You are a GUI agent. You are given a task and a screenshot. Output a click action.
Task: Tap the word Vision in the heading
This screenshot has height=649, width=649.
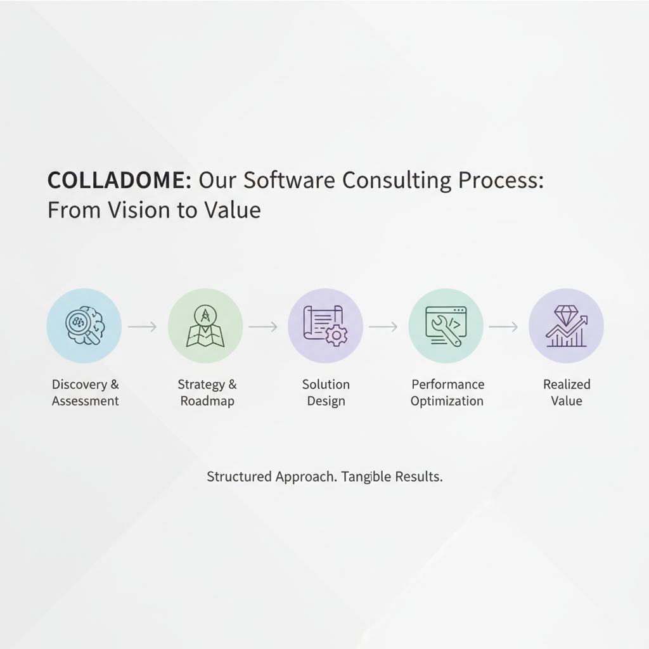[x=139, y=210]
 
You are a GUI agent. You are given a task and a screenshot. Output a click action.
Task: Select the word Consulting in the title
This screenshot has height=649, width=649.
[x=397, y=181]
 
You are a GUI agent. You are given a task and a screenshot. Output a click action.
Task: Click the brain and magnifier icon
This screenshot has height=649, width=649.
[x=86, y=326]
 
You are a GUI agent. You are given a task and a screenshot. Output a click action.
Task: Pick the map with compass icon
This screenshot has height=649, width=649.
[x=205, y=326]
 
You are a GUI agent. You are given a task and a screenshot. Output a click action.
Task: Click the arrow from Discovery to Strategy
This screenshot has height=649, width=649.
[x=143, y=326]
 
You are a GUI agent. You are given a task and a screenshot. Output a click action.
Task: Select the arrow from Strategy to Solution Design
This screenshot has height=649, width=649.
[x=263, y=326]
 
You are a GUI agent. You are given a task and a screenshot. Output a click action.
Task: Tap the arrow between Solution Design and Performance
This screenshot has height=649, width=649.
[x=383, y=326]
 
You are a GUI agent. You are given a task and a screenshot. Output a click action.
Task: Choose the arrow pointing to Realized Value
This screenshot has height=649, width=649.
[x=503, y=326]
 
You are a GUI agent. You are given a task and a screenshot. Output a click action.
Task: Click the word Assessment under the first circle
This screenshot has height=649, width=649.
[x=86, y=401]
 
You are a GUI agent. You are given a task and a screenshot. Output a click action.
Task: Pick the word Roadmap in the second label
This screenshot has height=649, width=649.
[x=207, y=401]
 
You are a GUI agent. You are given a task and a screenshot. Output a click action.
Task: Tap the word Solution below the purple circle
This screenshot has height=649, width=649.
[x=326, y=385]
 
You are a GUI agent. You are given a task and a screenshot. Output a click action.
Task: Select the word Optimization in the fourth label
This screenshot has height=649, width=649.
[x=447, y=401]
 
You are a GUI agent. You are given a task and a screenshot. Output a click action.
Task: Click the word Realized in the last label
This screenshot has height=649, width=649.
[x=567, y=385]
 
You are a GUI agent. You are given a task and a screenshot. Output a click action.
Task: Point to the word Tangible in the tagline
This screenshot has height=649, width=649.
[x=365, y=477]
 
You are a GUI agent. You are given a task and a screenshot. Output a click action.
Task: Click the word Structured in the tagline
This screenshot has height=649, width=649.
[x=239, y=477]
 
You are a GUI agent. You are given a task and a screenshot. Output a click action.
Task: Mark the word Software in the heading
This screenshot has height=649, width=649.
[x=289, y=181]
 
